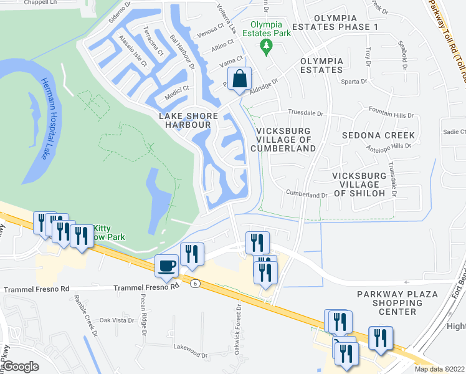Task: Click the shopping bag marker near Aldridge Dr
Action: point(239,79)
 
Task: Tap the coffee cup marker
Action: point(166,266)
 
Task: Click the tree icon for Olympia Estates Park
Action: point(267,46)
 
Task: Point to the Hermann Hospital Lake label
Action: point(44,118)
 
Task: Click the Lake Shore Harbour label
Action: point(188,120)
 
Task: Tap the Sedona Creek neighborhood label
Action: point(378,135)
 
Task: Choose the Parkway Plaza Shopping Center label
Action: point(397,303)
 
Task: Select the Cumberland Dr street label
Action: point(307,194)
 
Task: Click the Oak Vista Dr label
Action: point(117,320)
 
